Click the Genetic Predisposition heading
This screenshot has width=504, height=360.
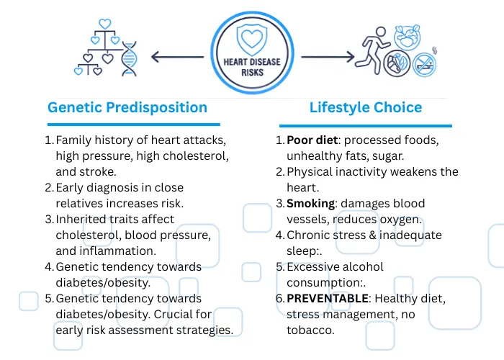[127, 108]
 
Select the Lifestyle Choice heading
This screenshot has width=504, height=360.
[366, 108]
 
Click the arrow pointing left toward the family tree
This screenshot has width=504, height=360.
[177, 55]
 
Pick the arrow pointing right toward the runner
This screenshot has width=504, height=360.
[328, 55]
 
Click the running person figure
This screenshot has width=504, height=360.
[369, 48]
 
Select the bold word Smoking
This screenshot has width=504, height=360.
[310, 203]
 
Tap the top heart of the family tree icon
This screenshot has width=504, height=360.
[105, 24]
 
